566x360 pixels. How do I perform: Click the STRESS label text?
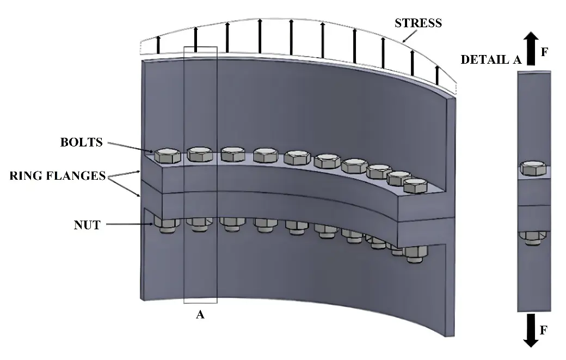click(418, 23)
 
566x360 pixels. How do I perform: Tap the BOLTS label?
click(81, 143)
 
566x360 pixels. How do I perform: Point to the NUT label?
click(87, 224)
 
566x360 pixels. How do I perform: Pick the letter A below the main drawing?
click(200, 315)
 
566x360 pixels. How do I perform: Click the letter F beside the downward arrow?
click(544, 330)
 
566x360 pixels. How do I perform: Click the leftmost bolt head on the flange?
click(167, 155)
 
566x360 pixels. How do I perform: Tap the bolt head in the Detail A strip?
click(533, 168)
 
